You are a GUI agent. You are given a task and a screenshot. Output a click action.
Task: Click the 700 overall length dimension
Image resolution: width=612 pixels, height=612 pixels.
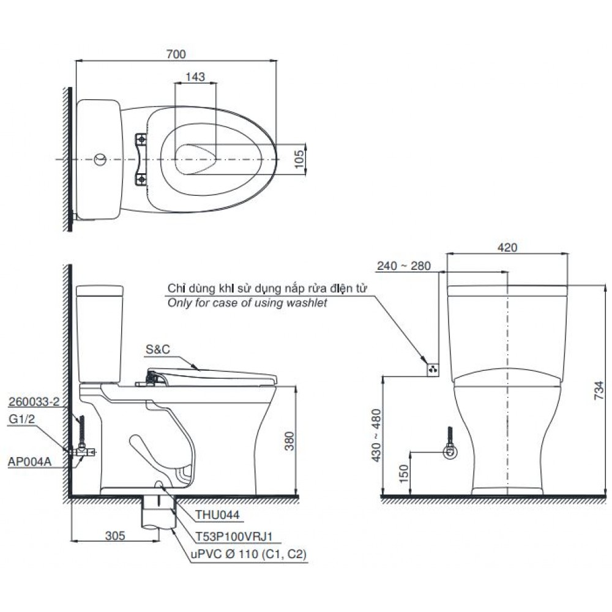[x=176, y=54]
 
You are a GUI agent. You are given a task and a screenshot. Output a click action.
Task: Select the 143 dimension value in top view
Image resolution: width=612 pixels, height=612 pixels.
[x=195, y=77]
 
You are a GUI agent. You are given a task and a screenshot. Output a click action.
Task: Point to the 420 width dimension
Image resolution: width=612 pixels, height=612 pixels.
[x=507, y=248]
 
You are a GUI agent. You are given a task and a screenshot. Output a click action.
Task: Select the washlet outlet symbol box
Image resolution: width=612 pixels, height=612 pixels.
[x=433, y=369]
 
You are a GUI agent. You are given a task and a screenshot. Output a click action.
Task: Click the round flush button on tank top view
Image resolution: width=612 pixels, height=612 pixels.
[x=99, y=160]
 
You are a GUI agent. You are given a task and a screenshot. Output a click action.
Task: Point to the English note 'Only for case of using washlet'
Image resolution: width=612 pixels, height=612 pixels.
[x=247, y=303]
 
